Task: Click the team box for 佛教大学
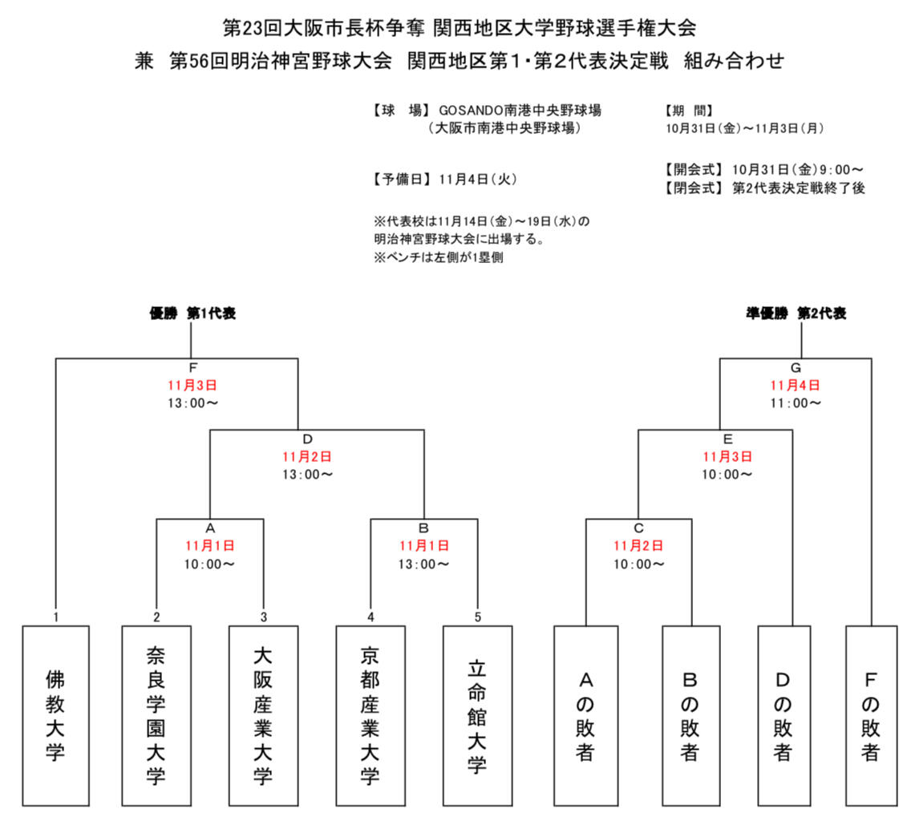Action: tap(55, 715)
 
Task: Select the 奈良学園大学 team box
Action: tap(156, 715)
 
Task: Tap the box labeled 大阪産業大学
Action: tap(262, 715)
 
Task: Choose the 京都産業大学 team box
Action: tap(370, 715)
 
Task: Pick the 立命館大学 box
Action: tap(477, 715)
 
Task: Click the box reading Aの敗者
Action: tap(585, 715)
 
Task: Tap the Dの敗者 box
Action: tap(784, 715)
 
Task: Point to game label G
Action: tap(796, 368)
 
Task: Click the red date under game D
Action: tap(306, 456)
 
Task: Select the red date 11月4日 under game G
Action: tap(796, 385)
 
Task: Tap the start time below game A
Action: tap(210, 564)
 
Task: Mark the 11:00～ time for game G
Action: tap(796, 402)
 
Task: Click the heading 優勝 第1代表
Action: tap(192, 313)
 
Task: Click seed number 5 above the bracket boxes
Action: tap(477, 617)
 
